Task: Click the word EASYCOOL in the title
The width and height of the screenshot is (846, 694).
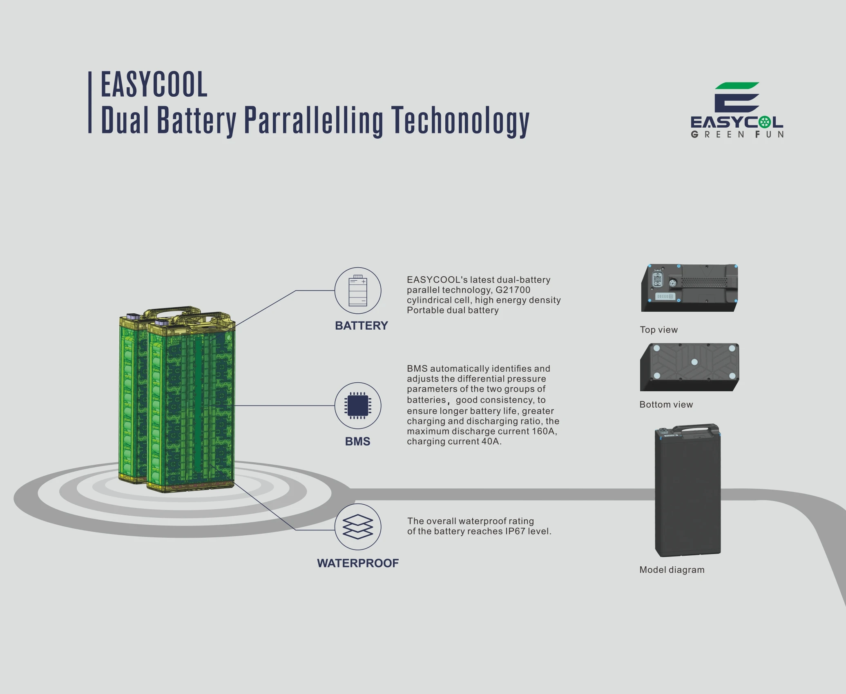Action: click(154, 84)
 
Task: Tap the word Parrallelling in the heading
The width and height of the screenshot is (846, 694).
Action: click(313, 120)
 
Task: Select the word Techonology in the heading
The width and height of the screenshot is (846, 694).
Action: click(460, 120)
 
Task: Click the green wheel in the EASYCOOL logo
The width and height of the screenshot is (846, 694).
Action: click(764, 122)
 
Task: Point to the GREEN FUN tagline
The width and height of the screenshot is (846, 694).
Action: click(737, 135)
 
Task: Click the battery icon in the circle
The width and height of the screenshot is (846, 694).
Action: click(358, 290)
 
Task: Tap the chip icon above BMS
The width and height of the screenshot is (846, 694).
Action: click(358, 406)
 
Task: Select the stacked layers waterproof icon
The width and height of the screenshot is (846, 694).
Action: click(358, 527)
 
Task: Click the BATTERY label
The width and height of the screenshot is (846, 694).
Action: click(361, 326)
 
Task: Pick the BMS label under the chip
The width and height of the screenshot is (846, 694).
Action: click(357, 441)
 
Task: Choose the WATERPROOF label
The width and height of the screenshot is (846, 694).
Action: click(358, 563)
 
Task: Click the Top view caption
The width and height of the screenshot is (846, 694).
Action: click(658, 330)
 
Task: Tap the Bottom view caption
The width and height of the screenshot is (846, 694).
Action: click(666, 404)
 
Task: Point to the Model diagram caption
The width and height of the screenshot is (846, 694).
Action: click(672, 570)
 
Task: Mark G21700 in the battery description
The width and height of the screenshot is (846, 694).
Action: click(513, 290)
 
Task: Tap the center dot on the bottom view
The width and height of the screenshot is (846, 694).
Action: click(694, 362)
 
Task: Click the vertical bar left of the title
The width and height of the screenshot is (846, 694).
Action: click(90, 102)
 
